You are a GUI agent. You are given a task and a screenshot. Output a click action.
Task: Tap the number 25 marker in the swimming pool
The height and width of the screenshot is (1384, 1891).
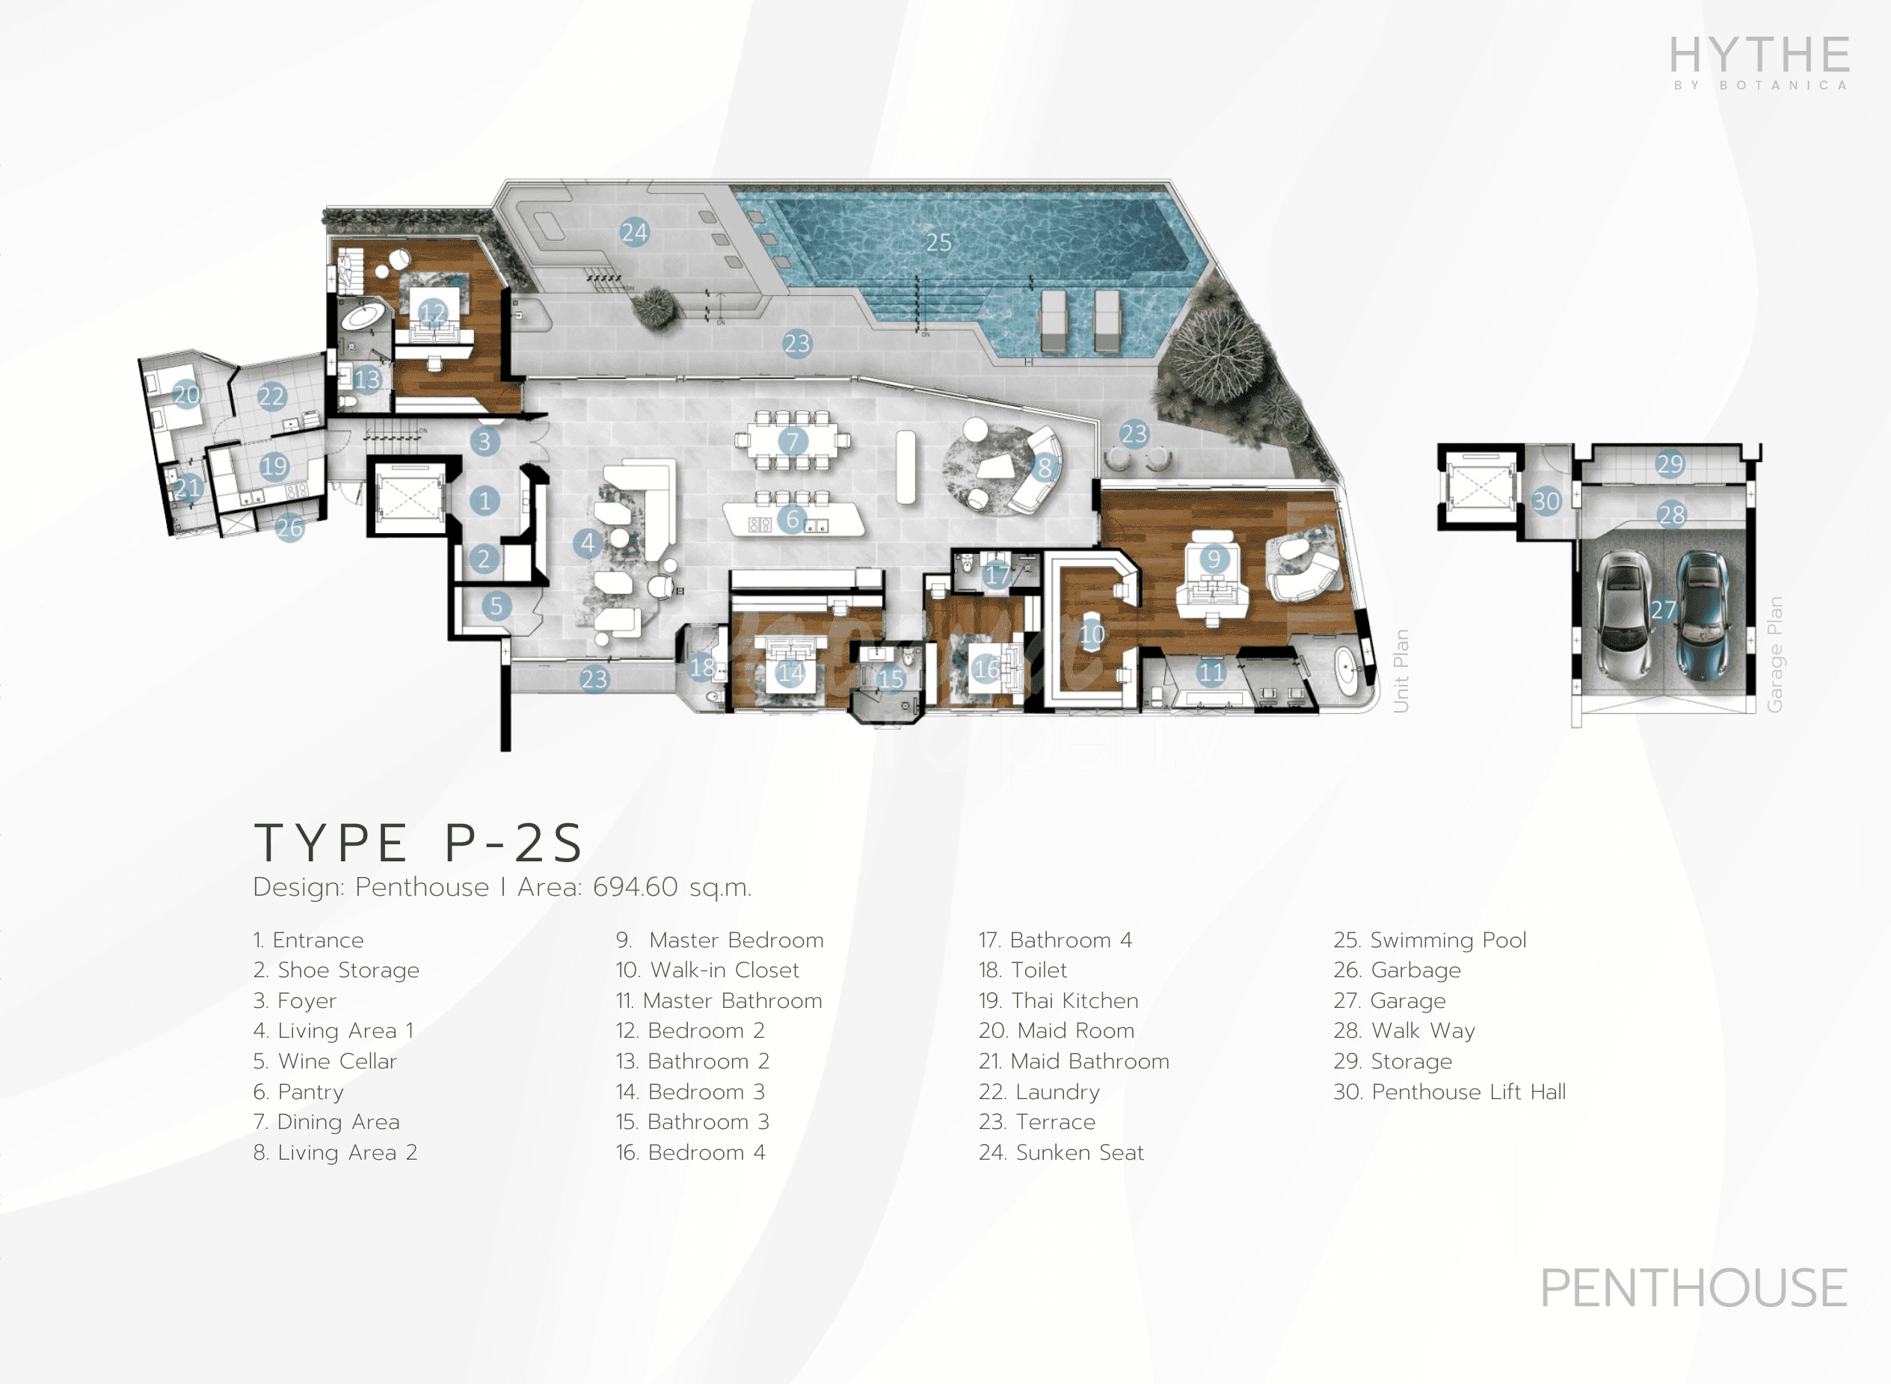click(938, 242)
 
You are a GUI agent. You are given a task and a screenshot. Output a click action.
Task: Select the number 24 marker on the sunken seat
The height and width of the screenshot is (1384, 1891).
click(634, 232)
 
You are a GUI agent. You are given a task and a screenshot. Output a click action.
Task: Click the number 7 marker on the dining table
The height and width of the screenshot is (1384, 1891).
click(793, 440)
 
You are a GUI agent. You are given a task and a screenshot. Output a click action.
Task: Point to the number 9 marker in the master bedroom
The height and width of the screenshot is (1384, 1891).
click(1214, 558)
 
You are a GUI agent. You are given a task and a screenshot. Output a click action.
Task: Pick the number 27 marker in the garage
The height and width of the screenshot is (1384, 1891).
click(1663, 610)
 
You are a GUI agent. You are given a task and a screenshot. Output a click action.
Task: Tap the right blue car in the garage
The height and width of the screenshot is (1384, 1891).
click(1701, 616)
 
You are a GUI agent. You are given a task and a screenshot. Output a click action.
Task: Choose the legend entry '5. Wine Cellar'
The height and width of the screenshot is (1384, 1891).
click(325, 1062)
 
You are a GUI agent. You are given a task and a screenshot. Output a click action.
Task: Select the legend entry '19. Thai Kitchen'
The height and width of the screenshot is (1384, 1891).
click(1058, 1000)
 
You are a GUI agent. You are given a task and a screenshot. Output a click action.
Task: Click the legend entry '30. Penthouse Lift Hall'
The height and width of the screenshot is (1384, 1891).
click(1449, 1092)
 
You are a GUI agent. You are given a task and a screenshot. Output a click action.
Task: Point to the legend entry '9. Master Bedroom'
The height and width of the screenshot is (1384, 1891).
click(720, 940)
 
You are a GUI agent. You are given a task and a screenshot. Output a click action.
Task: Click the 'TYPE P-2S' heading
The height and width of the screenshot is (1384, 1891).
click(419, 843)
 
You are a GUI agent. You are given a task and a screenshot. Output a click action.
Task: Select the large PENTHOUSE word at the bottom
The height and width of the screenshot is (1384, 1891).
click(1694, 1288)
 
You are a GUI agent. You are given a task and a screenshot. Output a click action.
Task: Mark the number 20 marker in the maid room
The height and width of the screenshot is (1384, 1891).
click(186, 394)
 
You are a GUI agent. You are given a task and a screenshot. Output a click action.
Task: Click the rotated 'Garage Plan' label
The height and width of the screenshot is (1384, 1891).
click(1774, 654)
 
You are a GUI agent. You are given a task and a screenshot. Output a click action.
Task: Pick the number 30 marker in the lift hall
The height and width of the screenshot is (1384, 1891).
click(1546, 501)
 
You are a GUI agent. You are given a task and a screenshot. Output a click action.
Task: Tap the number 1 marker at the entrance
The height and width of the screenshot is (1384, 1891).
click(485, 501)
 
